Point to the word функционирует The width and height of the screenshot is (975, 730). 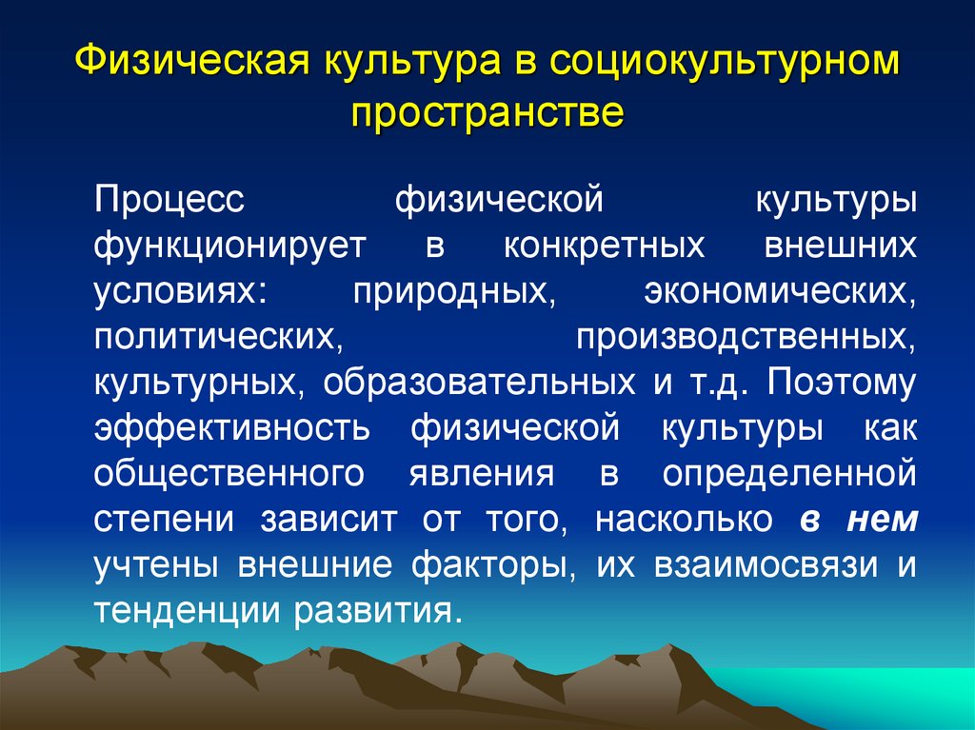[x=229, y=246]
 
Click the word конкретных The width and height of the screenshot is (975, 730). [x=605, y=246]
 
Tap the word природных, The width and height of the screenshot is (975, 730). [x=454, y=291]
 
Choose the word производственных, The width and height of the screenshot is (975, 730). [x=746, y=337]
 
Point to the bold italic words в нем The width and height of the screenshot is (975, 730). [x=859, y=519]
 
